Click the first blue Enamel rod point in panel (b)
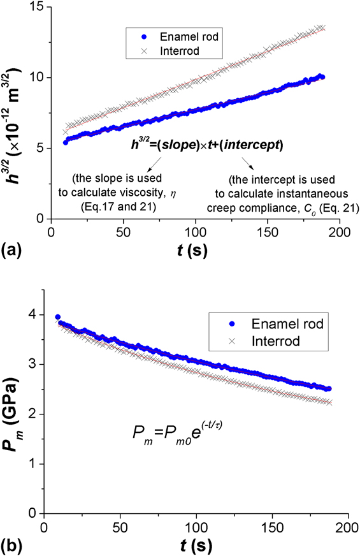coord(58,317)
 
